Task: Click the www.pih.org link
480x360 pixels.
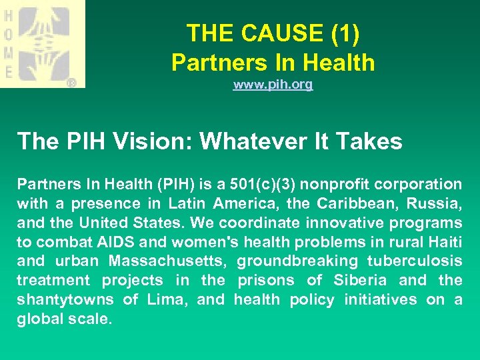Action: tap(273, 85)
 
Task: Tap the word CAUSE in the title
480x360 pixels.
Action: tap(279, 33)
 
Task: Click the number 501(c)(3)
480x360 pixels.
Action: tap(271, 183)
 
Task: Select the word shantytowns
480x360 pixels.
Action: tap(64, 299)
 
